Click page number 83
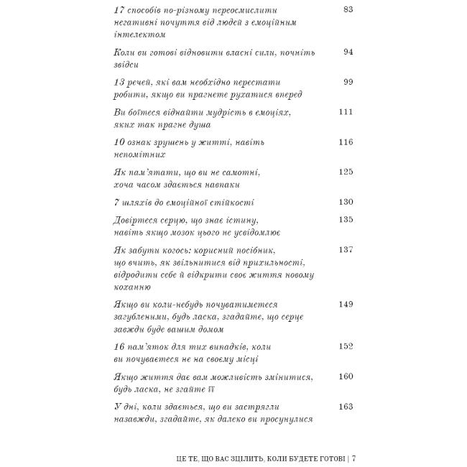(x=348, y=9)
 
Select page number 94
(x=348, y=52)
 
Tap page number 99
(x=348, y=82)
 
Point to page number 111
(x=346, y=112)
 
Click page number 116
(x=346, y=142)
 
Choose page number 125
(x=346, y=172)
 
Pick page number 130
(x=346, y=202)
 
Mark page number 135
(x=346, y=219)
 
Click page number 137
(x=346, y=249)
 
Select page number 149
(x=346, y=305)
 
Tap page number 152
(x=346, y=346)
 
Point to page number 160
(x=346, y=376)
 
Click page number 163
(x=346, y=407)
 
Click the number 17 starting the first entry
(x=120, y=10)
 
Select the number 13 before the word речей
(x=120, y=82)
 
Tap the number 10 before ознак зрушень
(x=120, y=142)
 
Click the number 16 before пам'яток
(x=120, y=346)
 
